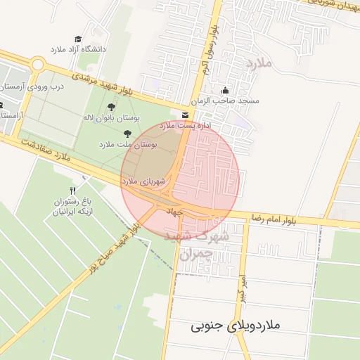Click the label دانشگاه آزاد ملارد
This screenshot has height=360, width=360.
(x=77, y=50)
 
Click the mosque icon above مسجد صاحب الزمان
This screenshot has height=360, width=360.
(x=225, y=90)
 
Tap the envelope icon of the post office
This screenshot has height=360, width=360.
(x=184, y=115)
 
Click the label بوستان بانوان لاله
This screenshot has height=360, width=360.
(x=112, y=117)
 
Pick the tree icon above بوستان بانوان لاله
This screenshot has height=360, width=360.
(x=112, y=108)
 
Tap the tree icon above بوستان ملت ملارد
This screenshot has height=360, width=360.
(x=127, y=134)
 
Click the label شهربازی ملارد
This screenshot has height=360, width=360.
(x=144, y=181)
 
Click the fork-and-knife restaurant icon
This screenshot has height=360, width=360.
(x=72, y=191)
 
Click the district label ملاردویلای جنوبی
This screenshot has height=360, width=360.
(x=236, y=326)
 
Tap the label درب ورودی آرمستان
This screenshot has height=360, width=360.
(x=33, y=86)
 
